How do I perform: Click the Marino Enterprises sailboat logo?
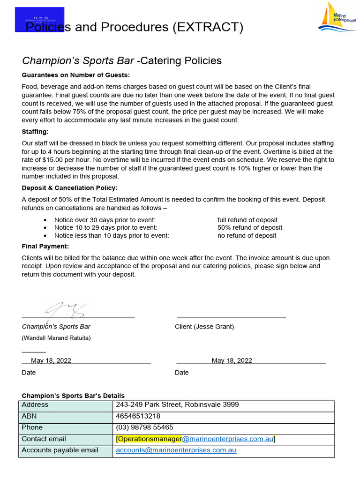[337, 18]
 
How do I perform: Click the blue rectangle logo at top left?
[39, 19]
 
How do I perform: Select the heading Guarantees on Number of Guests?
[76, 75]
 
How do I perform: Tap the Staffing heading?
[35, 132]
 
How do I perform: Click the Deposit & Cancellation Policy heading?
[70, 188]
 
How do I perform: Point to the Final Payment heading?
[45, 246]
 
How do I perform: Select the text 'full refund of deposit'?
[247, 220]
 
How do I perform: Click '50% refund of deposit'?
[249, 228]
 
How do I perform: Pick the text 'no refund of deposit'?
[247, 236]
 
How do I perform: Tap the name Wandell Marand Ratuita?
[56, 338]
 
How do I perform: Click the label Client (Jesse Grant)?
[204, 327]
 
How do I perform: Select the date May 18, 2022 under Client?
[232, 360]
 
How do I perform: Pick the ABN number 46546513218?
[138, 416]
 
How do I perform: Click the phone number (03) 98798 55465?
[144, 427]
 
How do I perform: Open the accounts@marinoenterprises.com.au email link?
[176, 450]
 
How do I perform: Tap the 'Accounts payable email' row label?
[60, 450]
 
